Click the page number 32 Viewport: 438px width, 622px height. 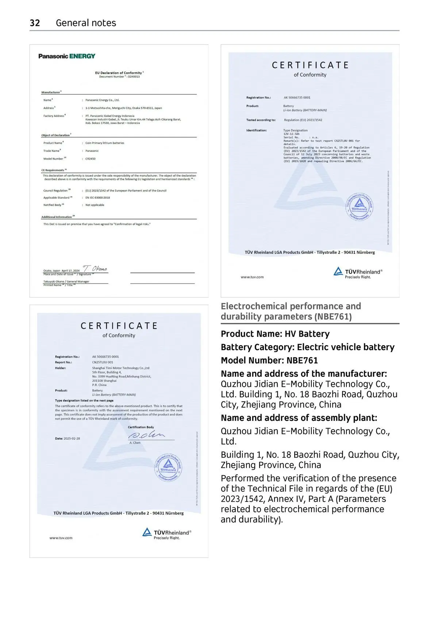[x=35, y=23]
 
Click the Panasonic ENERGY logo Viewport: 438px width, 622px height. [x=67, y=56]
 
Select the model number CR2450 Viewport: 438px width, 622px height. [x=91, y=159]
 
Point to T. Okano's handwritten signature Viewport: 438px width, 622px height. [x=95, y=268]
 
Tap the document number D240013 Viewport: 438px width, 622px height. [x=134, y=77]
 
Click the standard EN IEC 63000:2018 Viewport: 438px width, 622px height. [x=97, y=198]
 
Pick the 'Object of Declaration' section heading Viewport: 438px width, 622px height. [x=55, y=135]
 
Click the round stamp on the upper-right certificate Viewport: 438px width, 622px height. [x=359, y=206]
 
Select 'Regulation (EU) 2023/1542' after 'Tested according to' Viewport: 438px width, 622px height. [x=303, y=120]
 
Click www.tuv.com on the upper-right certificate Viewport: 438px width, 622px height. [x=252, y=277]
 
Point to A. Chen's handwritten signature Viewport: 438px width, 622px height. [x=146, y=435]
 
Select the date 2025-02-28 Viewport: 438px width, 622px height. [x=72, y=438]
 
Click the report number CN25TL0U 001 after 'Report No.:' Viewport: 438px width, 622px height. [x=103, y=362]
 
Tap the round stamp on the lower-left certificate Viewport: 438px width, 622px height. [x=168, y=467]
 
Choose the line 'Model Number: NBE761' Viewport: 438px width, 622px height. [x=269, y=360]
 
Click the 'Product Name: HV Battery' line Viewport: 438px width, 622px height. [x=275, y=334]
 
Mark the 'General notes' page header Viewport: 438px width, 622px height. [x=86, y=23]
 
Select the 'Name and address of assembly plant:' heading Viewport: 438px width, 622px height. [x=299, y=418]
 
